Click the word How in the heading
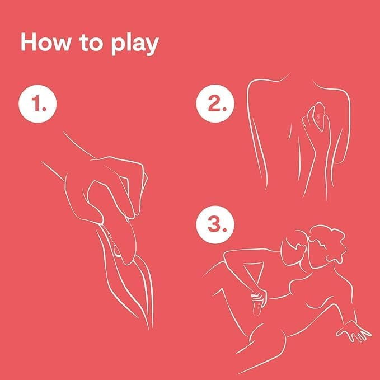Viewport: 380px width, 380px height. coord(45,42)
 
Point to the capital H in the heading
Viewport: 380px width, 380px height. coord(29,42)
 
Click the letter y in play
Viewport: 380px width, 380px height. coord(152,47)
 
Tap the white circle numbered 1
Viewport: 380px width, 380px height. coord(37,104)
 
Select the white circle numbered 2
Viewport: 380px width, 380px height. coord(215,104)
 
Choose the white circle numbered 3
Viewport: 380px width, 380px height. coord(215,224)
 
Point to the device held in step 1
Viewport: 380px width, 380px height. coord(114,223)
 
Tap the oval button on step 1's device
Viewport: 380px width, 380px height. coord(117,251)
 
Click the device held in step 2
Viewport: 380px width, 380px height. coord(317,117)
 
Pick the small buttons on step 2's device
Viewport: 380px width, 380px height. coord(318,119)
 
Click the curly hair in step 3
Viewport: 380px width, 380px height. coord(327,245)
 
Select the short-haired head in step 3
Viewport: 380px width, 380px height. coord(294,248)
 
